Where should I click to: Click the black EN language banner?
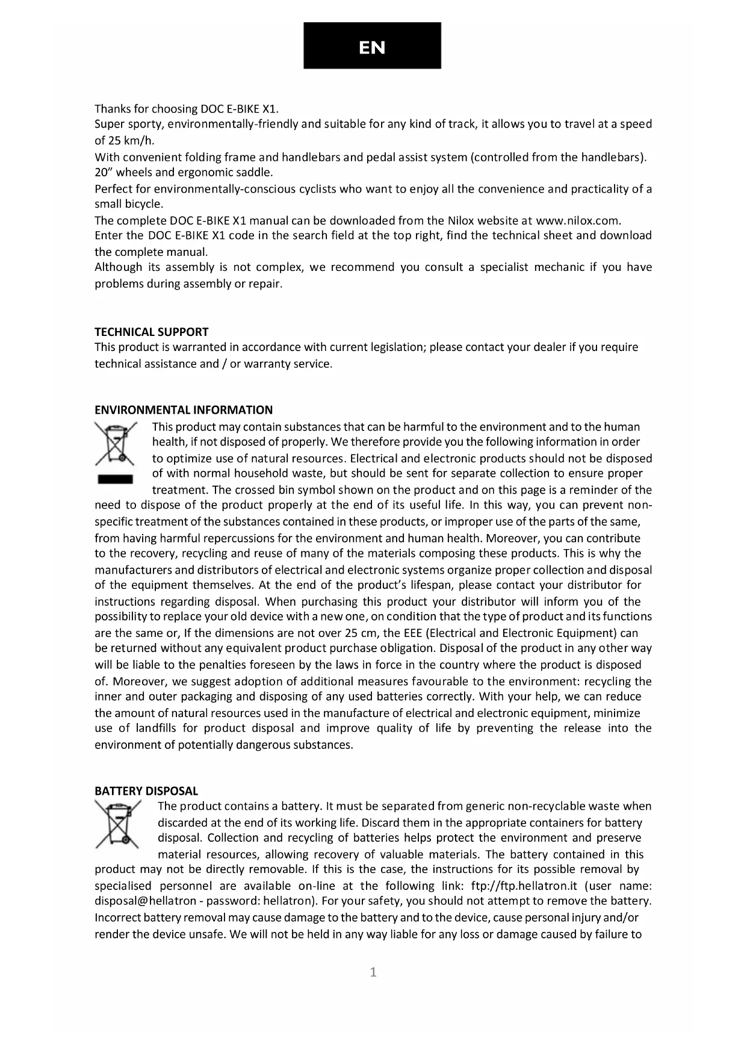coord(372,46)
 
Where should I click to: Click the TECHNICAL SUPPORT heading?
coord(152,332)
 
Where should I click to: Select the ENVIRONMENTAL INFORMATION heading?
coord(184,410)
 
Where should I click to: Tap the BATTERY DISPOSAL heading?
coord(146,790)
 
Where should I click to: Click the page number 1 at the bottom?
coord(373,972)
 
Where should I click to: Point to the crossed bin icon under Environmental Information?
coord(116,444)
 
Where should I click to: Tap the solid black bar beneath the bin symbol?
coord(116,479)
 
